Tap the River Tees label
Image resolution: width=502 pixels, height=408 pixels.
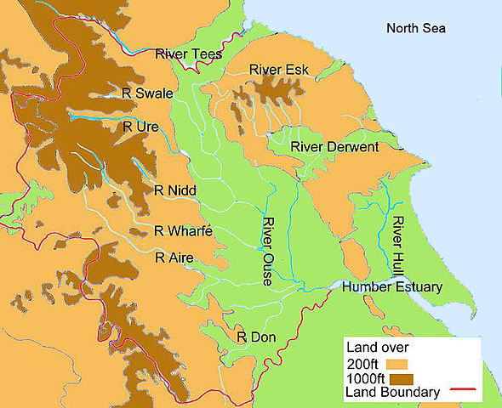point(188,54)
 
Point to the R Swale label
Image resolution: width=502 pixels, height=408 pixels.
point(148,93)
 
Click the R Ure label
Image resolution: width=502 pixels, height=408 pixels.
point(140,127)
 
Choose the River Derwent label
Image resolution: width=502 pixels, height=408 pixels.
point(334,147)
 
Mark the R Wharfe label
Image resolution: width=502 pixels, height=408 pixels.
point(182,230)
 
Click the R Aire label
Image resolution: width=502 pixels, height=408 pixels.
point(174,257)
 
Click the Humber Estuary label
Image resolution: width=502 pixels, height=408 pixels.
point(391,287)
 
